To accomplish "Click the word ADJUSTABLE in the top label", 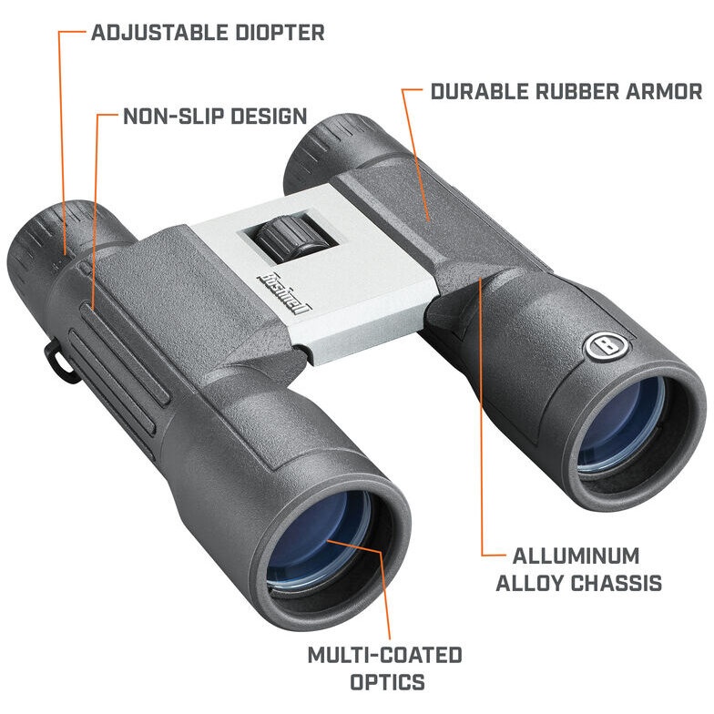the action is tap(159, 33).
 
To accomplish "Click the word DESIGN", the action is tap(269, 117).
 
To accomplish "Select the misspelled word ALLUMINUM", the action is tap(576, 556).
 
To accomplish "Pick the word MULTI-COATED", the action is tap(385, 656).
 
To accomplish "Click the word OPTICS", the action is tap(387, 682).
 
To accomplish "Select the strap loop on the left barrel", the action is tap(56, 360).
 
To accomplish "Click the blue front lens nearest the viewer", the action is tap(319, 542).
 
